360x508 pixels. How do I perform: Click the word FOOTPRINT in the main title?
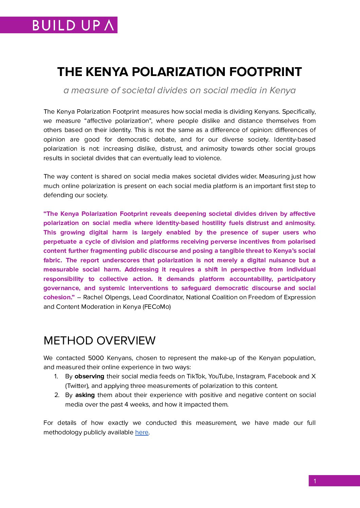click(x=266, y=72)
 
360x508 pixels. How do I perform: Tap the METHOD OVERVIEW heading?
click(x=100, y=340)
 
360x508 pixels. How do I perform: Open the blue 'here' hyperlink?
click(x=142, y=432)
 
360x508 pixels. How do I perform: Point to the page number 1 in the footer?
click(x=315, y=481)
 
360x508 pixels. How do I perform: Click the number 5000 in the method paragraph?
click(x=96, y=358)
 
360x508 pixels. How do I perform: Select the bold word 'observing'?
click(x=89, y=376)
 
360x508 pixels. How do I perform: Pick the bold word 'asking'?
click(x=85, y=395)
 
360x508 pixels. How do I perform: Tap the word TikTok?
click(x=196, y=376)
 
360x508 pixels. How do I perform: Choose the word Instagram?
click(x=250, y=376)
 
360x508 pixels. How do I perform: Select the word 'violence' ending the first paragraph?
click(x=209, y=158)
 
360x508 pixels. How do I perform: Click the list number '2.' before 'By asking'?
click(x=57, y=395)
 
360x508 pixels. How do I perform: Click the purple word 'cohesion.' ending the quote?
click(x=59, y=297)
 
